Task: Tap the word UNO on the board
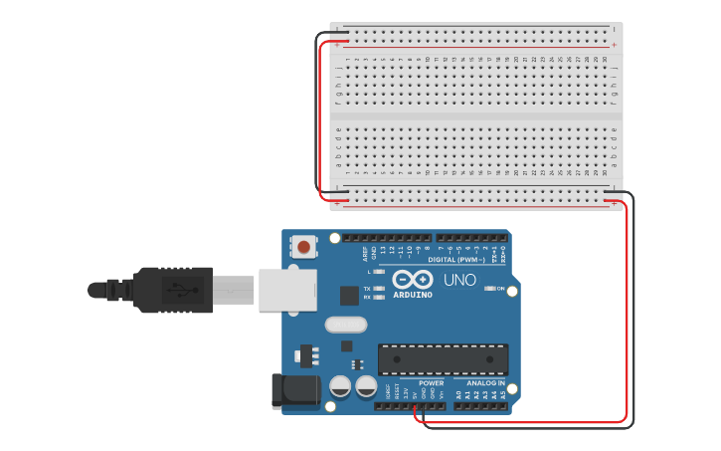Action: tap(459, 280)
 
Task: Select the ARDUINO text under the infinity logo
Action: tap(413, 295)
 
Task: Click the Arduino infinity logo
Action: tap(412, 279)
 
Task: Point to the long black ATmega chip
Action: tap(443, 358)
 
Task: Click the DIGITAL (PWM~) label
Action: tap(456, 260)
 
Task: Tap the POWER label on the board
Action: tap(431, 383)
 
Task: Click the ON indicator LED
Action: tap(490, 289)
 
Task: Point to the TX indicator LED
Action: tap(379, 289)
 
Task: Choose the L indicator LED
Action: tap(379, 271)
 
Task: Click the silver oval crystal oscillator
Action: tap(345, 325)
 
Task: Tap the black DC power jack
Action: tap(295, 390)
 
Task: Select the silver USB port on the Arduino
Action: tap(286, 290)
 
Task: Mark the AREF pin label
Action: tap(364, 253)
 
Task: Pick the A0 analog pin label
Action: tap(458, 395)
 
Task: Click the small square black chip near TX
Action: tap(349, 295)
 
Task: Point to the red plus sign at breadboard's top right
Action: tap(615, 45)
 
